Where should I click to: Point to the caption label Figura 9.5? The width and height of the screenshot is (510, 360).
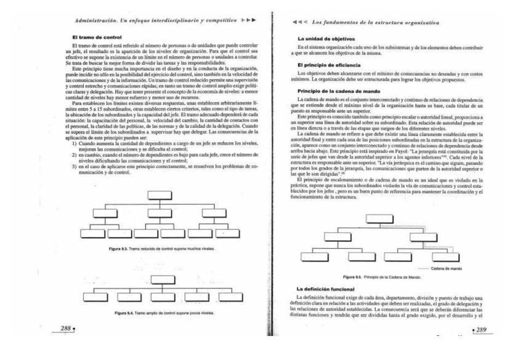[355, 278]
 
